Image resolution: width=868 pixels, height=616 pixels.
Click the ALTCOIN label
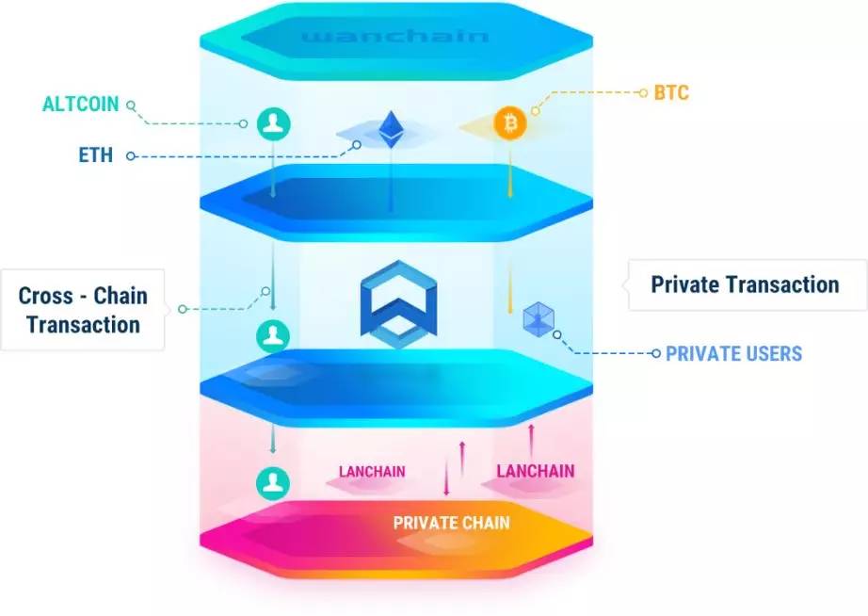[81, 104]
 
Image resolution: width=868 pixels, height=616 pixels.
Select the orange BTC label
[671, 93]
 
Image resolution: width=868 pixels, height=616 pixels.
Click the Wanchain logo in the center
[398, 300]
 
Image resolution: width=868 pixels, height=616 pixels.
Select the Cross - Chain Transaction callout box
[83, 310]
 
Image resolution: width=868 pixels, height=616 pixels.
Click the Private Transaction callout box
[745, 284]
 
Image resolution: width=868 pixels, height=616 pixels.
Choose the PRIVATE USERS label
[733, 354]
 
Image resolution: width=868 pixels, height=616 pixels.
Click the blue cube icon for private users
[538, 318]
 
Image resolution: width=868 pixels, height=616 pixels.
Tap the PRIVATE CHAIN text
[452, 523]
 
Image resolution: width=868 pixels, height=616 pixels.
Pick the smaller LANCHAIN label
[373, 472]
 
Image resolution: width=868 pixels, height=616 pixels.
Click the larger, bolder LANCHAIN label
[535, 470]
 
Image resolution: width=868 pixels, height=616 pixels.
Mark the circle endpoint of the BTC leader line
[536, 110]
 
